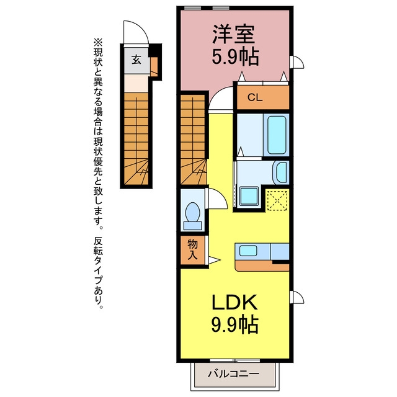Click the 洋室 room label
coord(233,35)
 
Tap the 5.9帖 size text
coord(236,57)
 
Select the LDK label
coord(234,302)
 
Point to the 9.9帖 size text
coord(235,324)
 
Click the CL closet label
coord(255,97)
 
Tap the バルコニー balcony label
coord(233,373)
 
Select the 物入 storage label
coord(192,249)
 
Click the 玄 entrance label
coord(136,60)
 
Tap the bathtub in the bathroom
coord(277,135)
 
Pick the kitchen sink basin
coord(248,251)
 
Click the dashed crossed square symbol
coord(277,200)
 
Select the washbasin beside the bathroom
coord(282,172)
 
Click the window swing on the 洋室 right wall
coord(300,60)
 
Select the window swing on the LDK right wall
coord(300,295)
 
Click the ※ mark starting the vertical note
coord(98,42)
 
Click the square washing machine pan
coord(249,197)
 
